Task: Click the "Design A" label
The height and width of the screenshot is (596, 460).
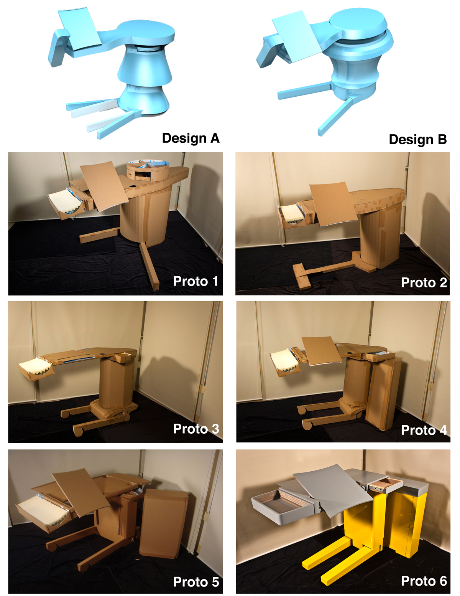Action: tap(191, 138)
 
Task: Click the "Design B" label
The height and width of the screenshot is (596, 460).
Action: tap(417, 139)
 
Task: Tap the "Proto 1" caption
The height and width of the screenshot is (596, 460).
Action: tap(195, 281)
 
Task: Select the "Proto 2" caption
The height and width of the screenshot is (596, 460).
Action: tap(424, 283)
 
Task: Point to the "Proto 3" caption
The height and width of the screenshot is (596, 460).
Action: tap(195, 429)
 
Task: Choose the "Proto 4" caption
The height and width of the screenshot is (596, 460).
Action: tap(424, 430)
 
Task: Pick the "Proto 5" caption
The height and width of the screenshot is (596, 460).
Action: tap(195, 582)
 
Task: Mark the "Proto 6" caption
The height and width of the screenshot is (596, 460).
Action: tap(424, 581)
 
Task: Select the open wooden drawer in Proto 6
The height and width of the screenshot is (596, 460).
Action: tap(385, 484)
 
